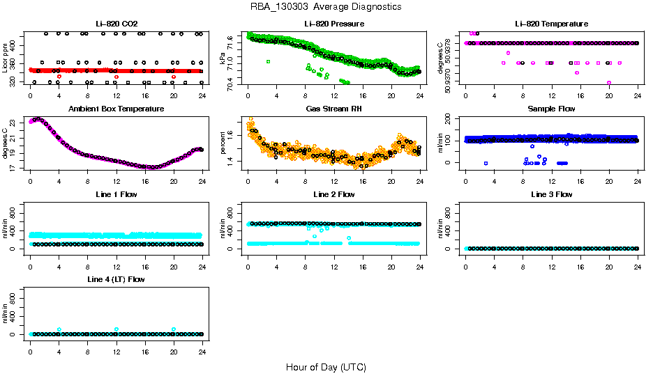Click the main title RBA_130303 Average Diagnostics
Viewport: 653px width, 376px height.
pyautogui.click(x=326, y=7)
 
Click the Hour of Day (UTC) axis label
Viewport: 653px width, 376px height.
pyautogui.click(x=326, y=367)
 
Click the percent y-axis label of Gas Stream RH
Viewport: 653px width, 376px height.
pyautogui.click(x=223, y=143)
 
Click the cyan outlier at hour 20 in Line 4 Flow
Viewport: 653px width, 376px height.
pyautogui.click(x=173, y=329)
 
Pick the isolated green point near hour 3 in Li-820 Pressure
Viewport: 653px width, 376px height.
pyautogui.click(x=269, y=62)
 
